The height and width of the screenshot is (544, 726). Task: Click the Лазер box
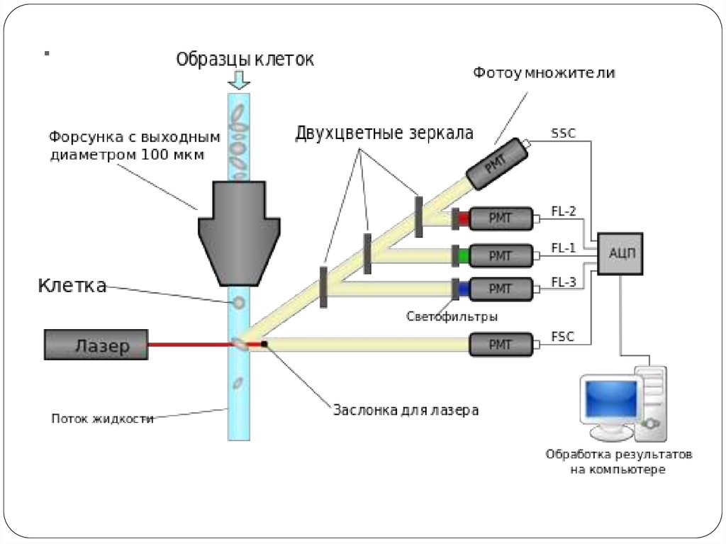(96, 345)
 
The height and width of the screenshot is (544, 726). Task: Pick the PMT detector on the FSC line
(501, 345)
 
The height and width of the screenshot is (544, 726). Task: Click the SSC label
(563, 133)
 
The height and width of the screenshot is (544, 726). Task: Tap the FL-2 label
(564, 211)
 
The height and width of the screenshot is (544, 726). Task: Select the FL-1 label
(564, 247)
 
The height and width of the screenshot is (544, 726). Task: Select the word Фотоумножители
(544, 73)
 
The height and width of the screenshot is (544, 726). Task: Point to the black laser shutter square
(264, 344)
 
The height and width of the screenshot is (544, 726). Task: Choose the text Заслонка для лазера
(406, 410)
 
